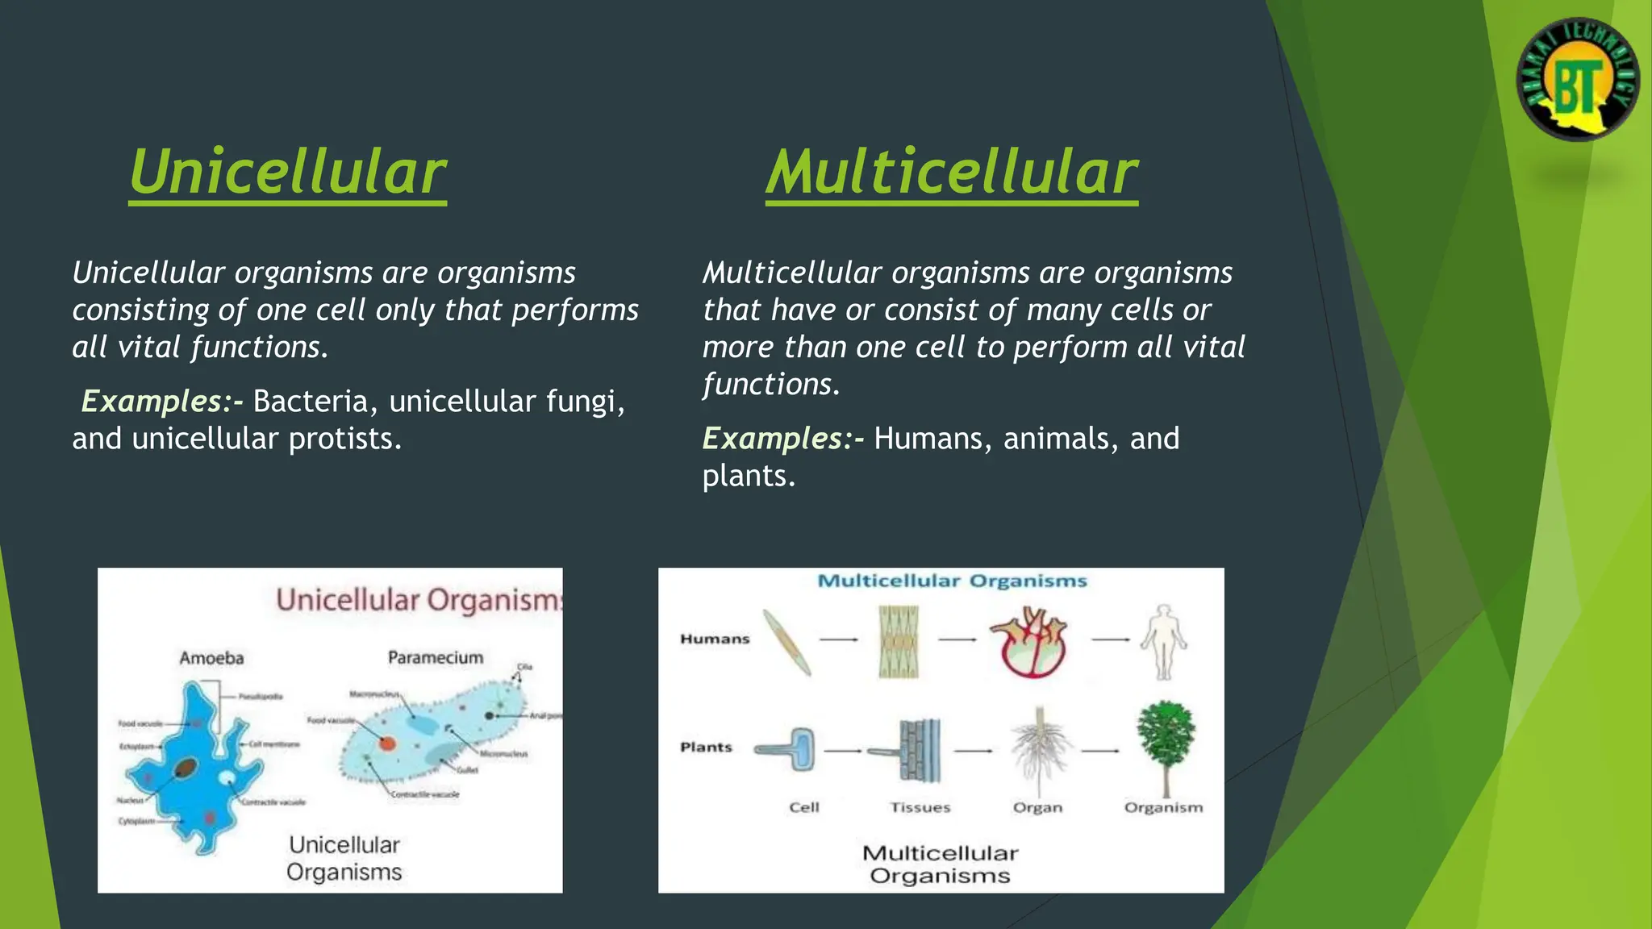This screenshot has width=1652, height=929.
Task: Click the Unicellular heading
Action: tap(287, 173)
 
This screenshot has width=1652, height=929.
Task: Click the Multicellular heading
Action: tap(951, 173)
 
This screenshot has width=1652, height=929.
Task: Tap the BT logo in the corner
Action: tap(1578, 80)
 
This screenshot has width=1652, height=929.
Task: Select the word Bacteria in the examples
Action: tap(311, 401)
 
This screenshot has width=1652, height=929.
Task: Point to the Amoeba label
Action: tap(211, 658)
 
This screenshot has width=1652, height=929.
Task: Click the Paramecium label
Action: tap(436, 657)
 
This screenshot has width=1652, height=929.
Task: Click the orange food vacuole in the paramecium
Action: tap(388, 743)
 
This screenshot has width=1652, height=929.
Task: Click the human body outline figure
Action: tap(1163, 642)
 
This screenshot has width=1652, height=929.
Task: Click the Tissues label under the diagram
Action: tap(920, 807)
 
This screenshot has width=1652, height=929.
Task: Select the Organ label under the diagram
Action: tap(1037, 807)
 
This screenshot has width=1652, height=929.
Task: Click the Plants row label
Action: tap(706, 747)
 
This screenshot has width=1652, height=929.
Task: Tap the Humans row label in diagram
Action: tap(715, 639)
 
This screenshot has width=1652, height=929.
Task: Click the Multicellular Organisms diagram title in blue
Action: tap(952, 581)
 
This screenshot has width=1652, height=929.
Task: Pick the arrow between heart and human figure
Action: tap(1111, 639)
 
